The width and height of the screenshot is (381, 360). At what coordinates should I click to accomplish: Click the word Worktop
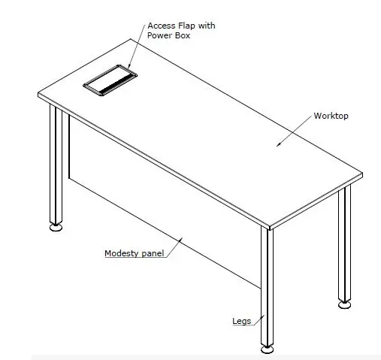click(331, 116)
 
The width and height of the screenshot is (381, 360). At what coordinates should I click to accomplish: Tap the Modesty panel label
click(133, 253)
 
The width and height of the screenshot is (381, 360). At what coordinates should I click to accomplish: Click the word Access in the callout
click(161, 26)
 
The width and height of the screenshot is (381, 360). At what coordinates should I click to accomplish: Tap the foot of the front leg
click(267, 349)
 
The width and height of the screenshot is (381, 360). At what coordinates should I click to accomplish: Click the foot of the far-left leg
click(56, 227)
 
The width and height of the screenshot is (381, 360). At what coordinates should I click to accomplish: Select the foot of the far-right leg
click(344, 304)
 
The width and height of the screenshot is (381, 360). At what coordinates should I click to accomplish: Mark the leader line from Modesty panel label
click(174, 246)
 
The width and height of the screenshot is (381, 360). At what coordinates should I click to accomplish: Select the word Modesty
click(120, 253)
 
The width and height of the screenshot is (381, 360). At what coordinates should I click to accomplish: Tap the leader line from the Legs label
click(256, 319)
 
